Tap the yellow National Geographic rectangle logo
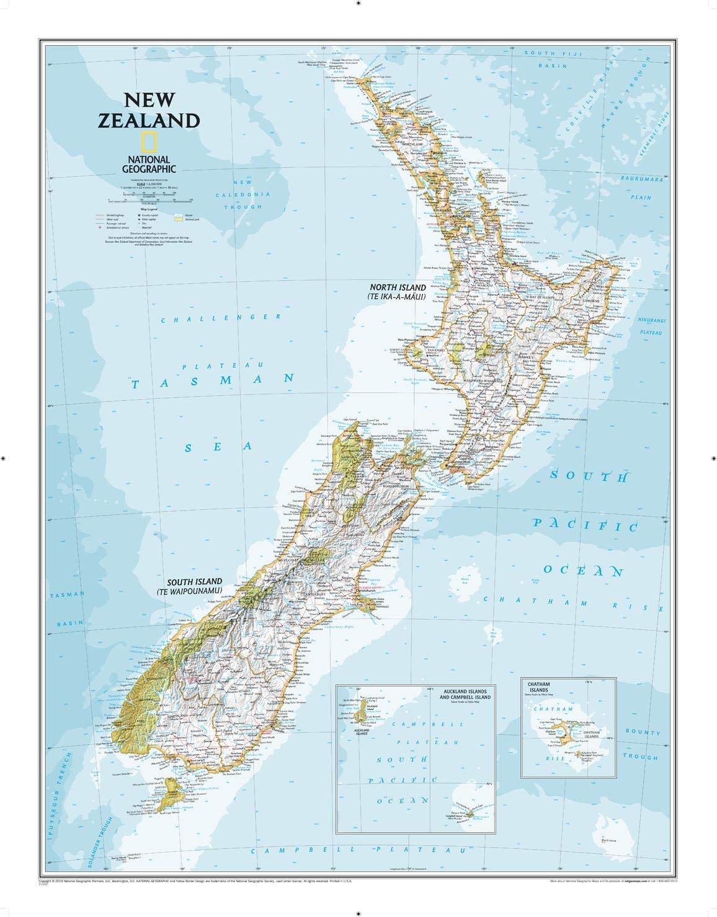pyautogui.click(x=149, y=142)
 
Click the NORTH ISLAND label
pyautogui.click(x=398, y=287)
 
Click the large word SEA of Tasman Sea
pyautogui.click(x=221, y=446)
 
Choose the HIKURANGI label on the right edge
pyautogui.click(x=651, y=320)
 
